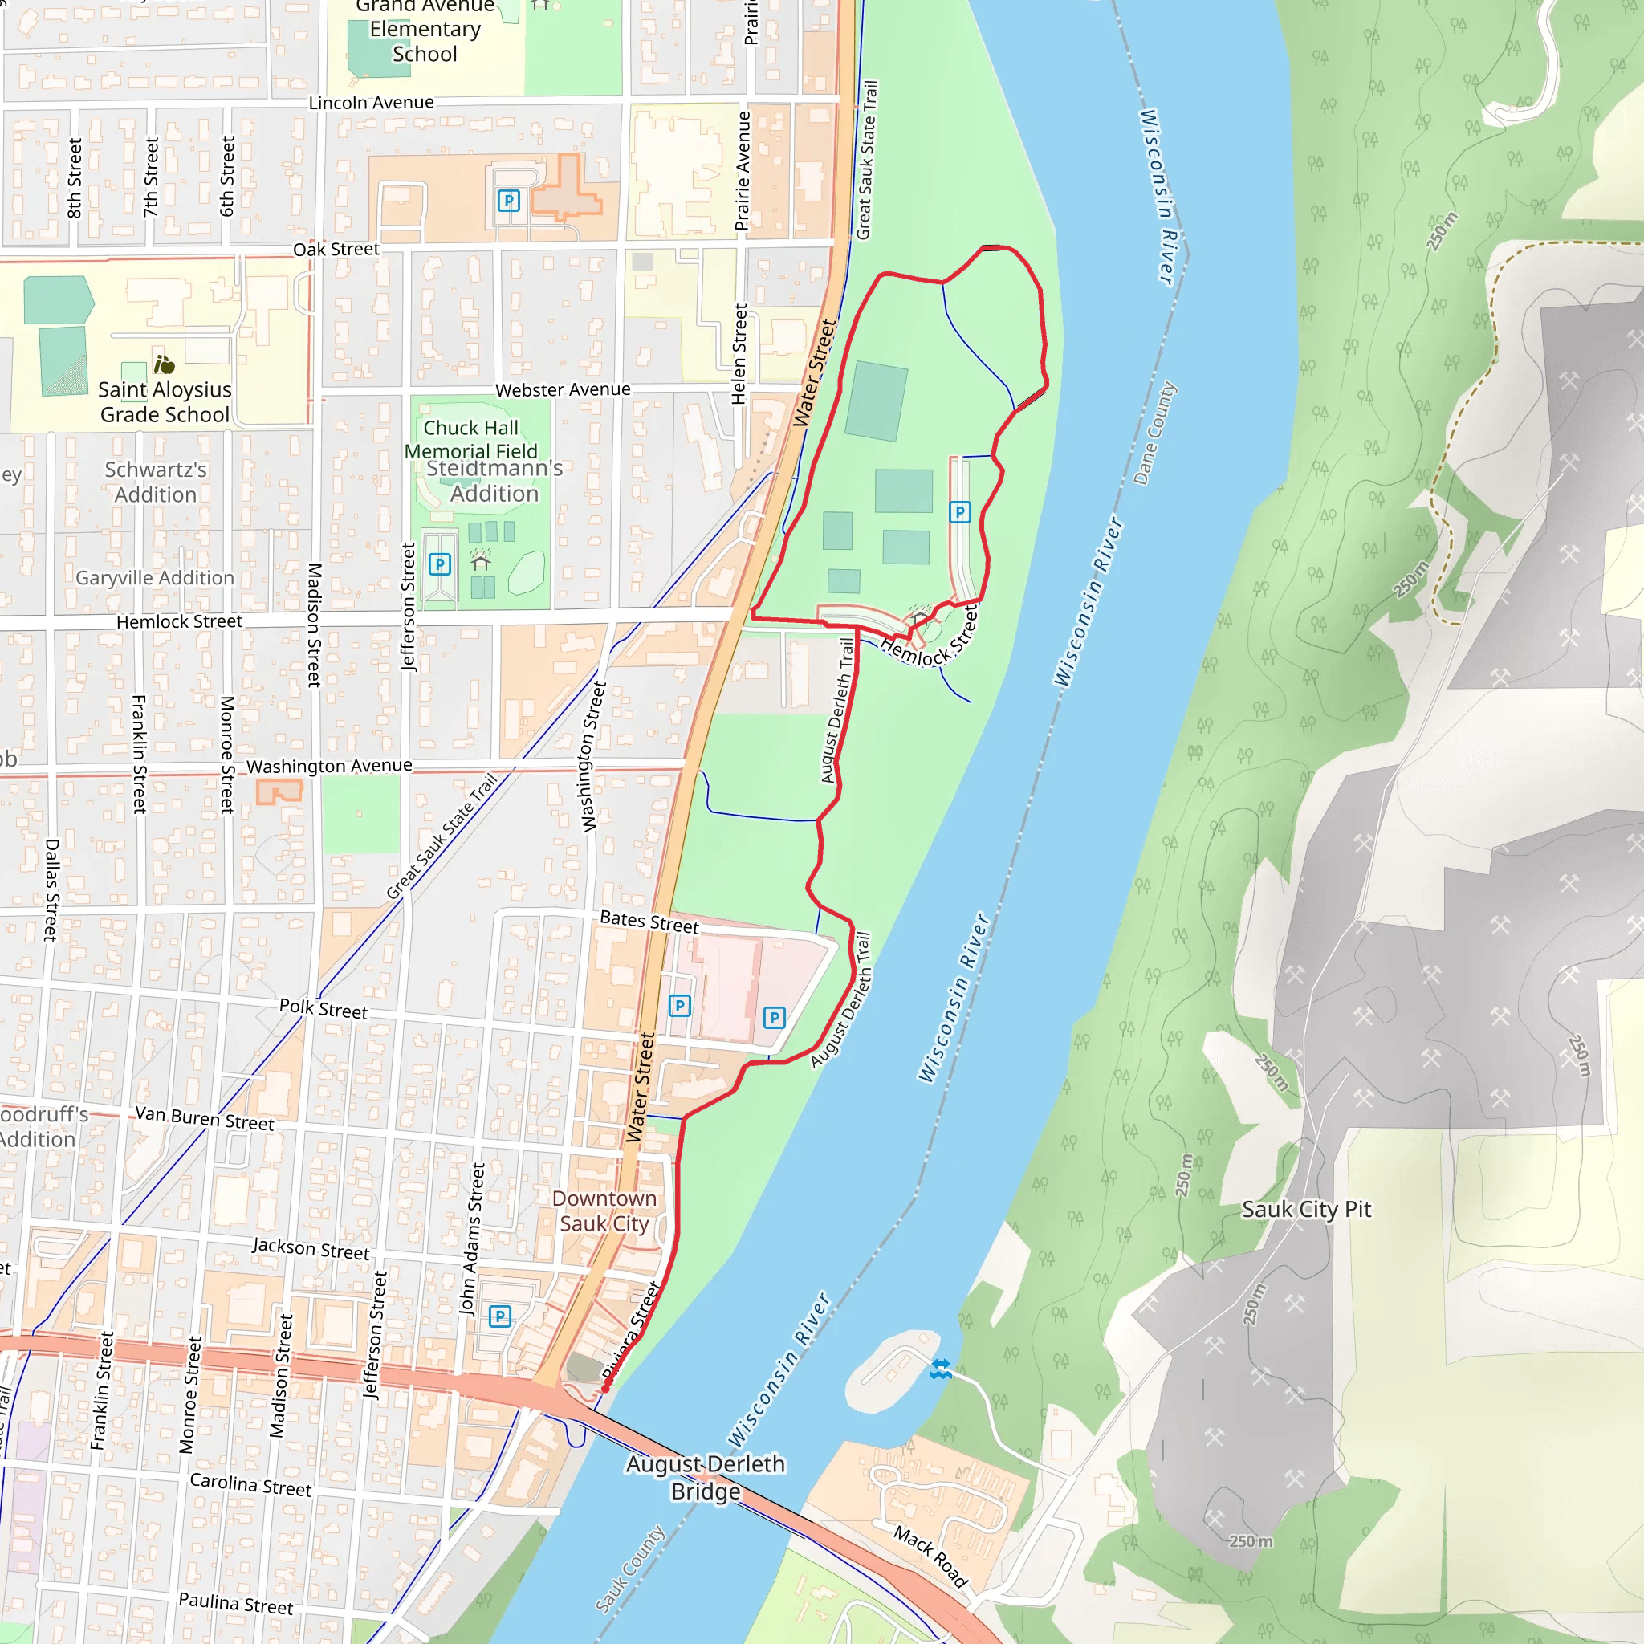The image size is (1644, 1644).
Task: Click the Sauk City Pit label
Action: click(x=1306, y=1209)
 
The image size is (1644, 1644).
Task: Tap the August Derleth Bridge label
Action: click(x=706, y=1477)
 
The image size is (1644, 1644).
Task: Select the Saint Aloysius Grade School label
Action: click(x=165, y=401)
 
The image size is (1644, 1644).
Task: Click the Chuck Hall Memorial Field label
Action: click(x=470, y=439)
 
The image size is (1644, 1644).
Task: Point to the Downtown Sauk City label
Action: click(x=604, y=1211)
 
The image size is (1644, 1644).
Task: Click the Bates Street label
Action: click(x=649, y=922)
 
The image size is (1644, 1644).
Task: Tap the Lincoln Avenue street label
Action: click(x=371, y=103)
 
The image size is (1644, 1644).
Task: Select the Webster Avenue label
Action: click(x=563, y=389)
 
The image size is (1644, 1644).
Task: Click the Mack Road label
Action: click(x=931, y=1557)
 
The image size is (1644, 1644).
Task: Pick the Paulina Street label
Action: click(x=236, y=1603)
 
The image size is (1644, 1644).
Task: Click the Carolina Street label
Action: click(x=250, y=1484)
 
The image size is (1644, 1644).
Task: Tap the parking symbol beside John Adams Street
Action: click(x=499, y=1316)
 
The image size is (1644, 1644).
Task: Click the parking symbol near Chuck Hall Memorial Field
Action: click(x=439, y=564)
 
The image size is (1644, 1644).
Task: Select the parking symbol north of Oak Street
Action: click(x=508, y=201)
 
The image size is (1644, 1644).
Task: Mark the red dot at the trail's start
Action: click(x=606, y=1389)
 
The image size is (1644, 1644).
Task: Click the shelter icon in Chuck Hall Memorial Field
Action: click(x=481, y=562)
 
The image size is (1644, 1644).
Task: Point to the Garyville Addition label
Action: click(x=155, y=578)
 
